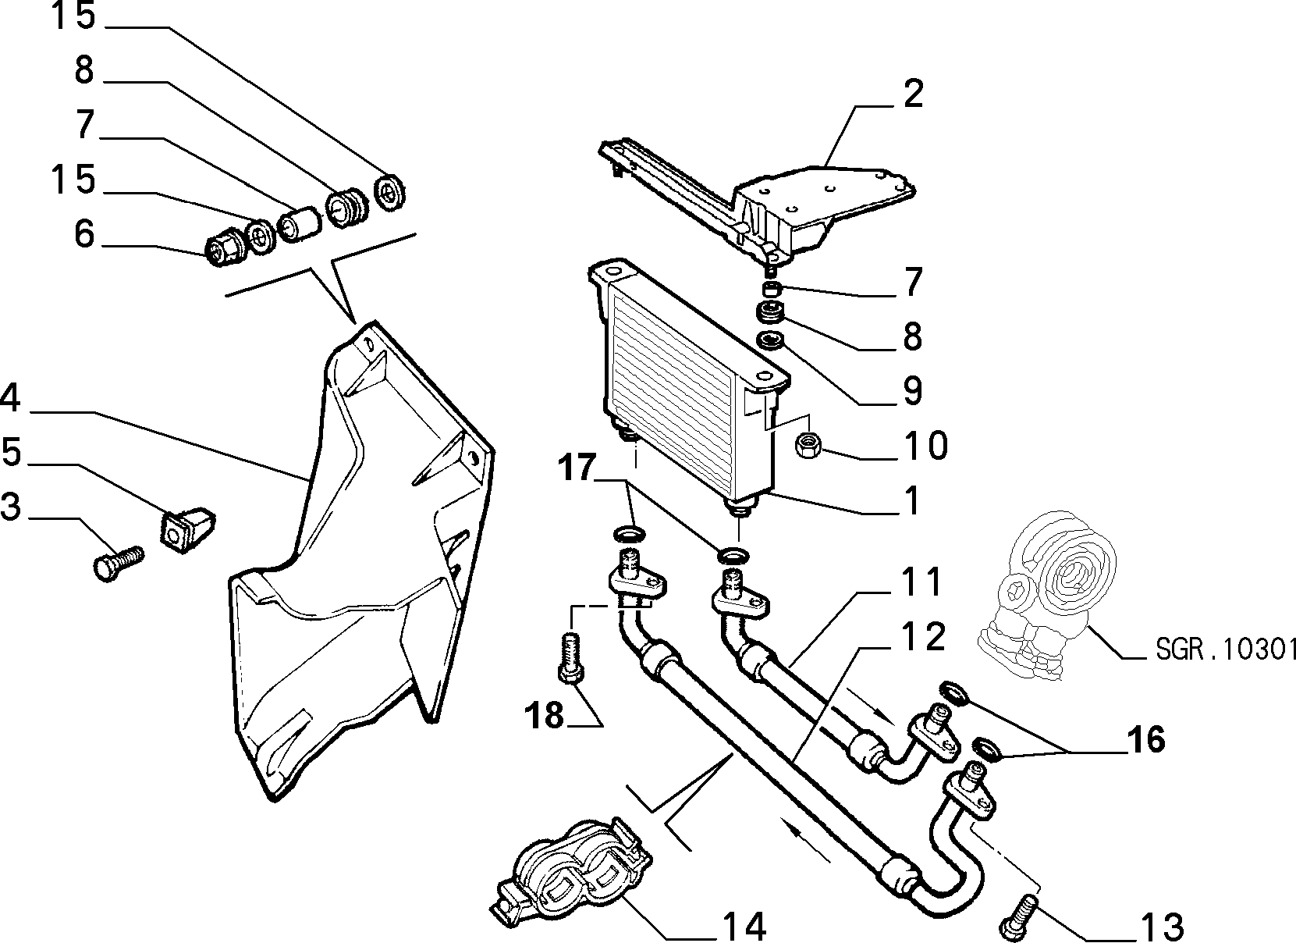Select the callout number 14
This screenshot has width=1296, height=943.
[x=744, y=926]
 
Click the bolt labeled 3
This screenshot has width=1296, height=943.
[x=118, y=563]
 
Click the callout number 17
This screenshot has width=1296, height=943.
[x=577, y=468]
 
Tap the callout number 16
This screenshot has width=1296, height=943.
[x=1146, y=739]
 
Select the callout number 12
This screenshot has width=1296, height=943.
[x=923, y=636]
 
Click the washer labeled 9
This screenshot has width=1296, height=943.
[x=770, y=340]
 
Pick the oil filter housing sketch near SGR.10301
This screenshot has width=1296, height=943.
[x=1046, y=596]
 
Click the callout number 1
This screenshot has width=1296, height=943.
[x=912, y=500]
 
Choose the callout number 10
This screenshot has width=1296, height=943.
[x=926, y=445]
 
